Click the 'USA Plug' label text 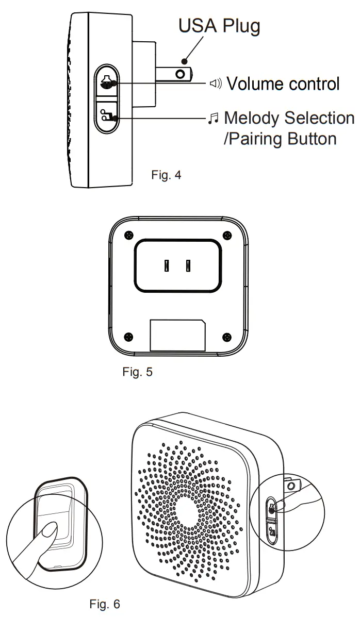[219, 26]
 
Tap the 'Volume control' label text [283, 84]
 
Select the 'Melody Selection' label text [289, 118]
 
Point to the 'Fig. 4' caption [166, 175]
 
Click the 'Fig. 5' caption [137, 371]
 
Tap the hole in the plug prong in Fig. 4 [180, 74]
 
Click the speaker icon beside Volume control [215, 84]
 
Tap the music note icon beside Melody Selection [211, 119]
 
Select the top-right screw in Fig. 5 [226, 235]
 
